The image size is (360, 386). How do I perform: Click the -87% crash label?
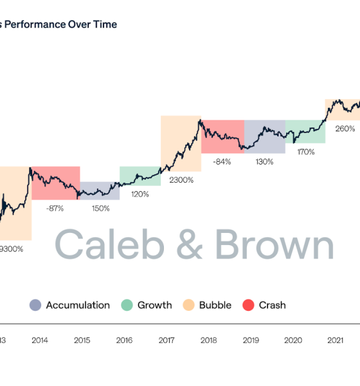tap(55, 208)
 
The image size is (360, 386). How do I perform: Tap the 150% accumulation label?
tap(100, 208)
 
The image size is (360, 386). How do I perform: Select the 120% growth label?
tap(140, 194)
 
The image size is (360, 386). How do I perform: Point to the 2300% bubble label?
tap(181, 180)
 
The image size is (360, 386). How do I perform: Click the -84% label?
tap(222, 161)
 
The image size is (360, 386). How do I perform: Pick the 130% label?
tap(264, 161)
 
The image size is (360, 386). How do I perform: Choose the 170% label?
tap(305, 152)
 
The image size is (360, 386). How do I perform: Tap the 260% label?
tap(345, 129)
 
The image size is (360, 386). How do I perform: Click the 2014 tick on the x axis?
tap(39, 340)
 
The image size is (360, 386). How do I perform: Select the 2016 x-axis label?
tap(123, 340)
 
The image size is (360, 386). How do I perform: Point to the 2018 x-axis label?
tap(208, 340)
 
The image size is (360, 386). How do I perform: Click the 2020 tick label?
tap(292, 340)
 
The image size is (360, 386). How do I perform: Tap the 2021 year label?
tap(335, 340)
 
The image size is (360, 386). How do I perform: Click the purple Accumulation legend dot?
tap(35, 305)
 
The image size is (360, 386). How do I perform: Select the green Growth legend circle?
tap(128, 305)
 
